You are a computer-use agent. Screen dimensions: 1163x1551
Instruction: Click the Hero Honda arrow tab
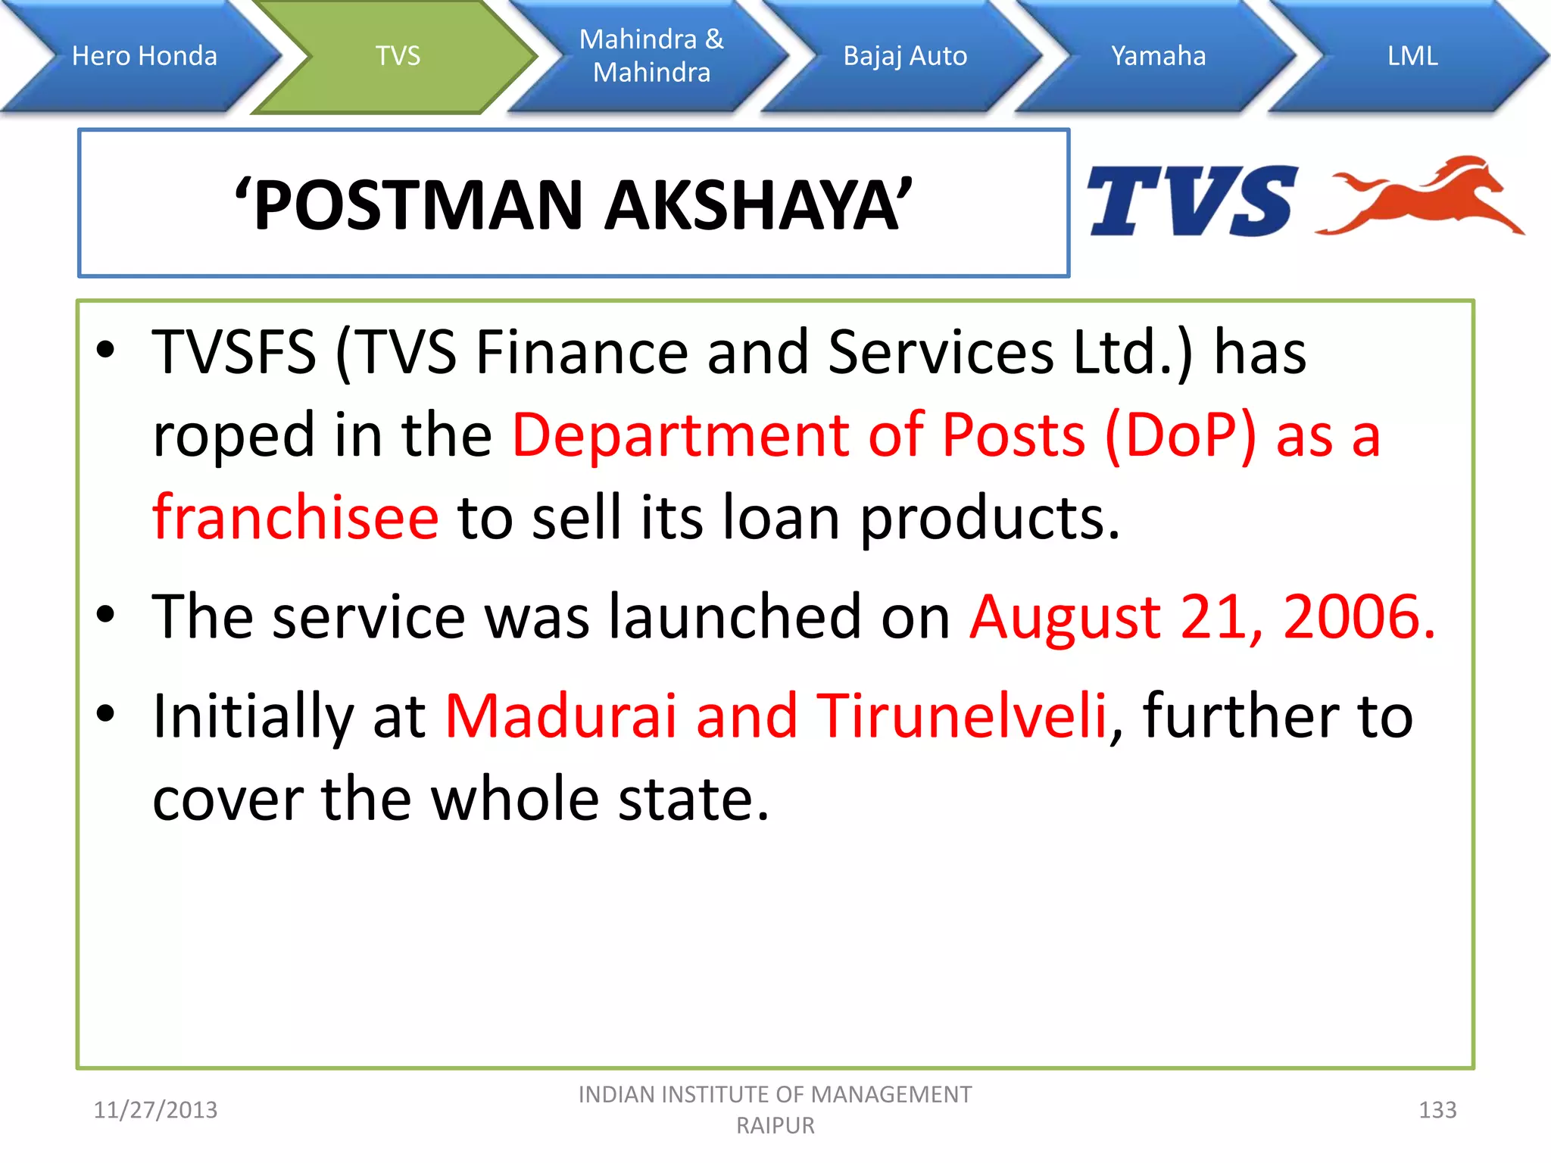click(144, 56)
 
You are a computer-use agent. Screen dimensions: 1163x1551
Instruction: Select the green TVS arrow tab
click(398, 56)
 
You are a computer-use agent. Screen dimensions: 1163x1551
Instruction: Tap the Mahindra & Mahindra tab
click(651, 56)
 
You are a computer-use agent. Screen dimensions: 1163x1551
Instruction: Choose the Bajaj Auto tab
click(905, 56)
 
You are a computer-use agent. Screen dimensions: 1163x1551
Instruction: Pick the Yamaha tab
click(1158, 56)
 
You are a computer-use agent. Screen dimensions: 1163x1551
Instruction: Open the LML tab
click(1412, 56)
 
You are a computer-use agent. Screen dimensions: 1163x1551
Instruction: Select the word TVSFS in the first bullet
click(234, 353)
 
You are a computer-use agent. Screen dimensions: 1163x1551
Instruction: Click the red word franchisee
click(295, 517)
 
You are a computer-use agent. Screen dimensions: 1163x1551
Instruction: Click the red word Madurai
click(560, 716)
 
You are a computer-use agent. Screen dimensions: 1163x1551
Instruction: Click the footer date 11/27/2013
click(155, 1110)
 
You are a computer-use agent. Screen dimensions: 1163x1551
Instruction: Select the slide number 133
click(1437, 1110)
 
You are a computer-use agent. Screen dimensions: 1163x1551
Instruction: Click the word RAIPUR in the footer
click(775, 1126)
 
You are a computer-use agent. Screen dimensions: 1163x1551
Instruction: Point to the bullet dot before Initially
click(106, 713)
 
